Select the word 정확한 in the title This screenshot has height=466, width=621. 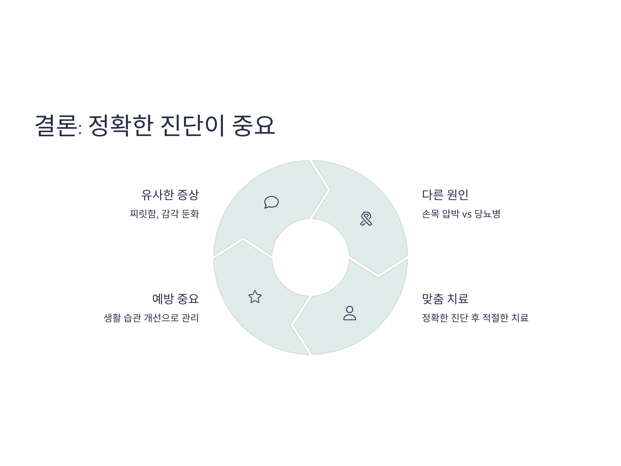click(x=121, y=125)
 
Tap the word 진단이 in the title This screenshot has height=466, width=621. click(x=193, y=125)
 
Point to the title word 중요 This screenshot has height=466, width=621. click(x=254, y=125)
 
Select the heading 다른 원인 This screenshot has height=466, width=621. click(x=445, y=195)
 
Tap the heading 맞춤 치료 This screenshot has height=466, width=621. click(x=445, y=298)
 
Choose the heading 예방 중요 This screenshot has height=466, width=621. click(x=175, y=298)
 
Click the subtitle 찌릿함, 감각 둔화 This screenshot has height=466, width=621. click(x=164, y=214)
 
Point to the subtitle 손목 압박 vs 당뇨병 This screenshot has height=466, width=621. click(x=461, y=214)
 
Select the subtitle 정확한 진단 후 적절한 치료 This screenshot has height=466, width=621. click(x=475, y=318)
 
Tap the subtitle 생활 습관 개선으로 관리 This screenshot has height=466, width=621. click(x=151, y=318)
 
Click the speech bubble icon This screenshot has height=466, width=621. click(x=271, y=202)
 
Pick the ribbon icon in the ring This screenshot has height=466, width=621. click(x=366, y=219)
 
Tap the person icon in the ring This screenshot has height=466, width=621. click(x=350, y=313)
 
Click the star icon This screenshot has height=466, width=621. click(x=255, y=297)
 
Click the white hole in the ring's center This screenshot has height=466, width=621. click(x=310, y=257)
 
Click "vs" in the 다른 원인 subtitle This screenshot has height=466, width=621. click(x=467, y=215)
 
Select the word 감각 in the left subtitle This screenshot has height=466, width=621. click(x=170, y=214)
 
